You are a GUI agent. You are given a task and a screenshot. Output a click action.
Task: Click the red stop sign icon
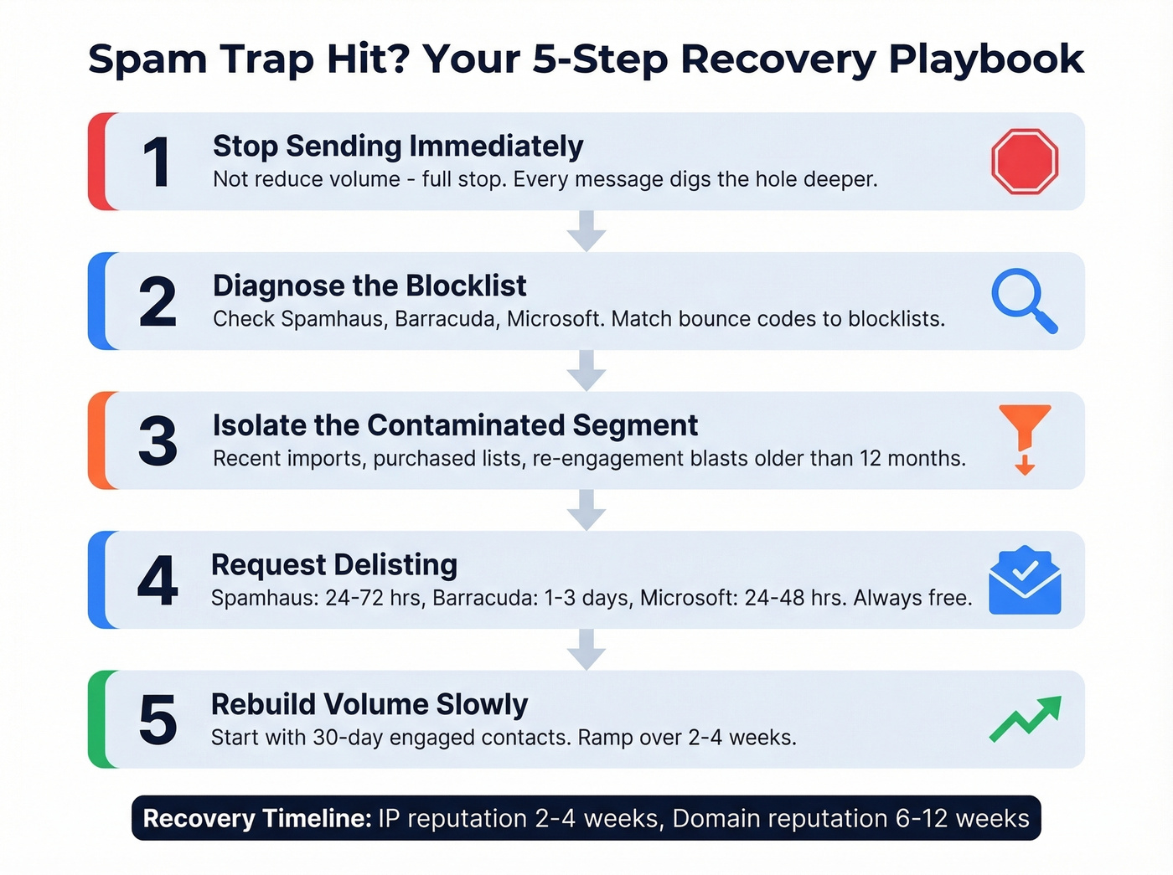pyautogui.click(x=1025, y=162)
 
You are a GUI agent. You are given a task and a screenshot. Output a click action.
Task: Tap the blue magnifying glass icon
pyautogui.click(x=1023, y=301)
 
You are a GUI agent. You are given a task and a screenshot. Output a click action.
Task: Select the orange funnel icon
pyautogui.click(x=1024, y=437)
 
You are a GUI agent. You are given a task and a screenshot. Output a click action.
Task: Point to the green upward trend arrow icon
pyautogui.click(x=1026, y=719)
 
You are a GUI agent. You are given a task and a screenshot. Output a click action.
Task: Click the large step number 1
pyautogui.click(x=157, y=162)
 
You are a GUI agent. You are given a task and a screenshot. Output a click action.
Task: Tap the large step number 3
pyautogui.click(x=158, y=441)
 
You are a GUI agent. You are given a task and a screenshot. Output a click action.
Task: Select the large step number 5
pyautogui.click(x=158, y=720)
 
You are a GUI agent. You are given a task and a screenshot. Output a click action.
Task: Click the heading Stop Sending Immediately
pyautogui.click(x=398, y=147)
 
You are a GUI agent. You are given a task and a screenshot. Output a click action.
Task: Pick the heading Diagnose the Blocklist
pyautogui.click(x=369, y=286)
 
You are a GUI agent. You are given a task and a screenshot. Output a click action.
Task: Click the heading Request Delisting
pyautogui.click(x=334, y=565)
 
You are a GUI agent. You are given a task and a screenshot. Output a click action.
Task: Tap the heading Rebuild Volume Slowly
pyautogui.click(x=369, y=705)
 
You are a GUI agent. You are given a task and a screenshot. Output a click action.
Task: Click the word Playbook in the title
pyautogui.click(x=986, y=59)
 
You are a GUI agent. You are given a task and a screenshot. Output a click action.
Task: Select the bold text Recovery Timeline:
pyautogui.click(x=257, y=818)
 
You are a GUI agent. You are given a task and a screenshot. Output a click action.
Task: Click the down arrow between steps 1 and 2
pyautogui.click(x=586, y=230)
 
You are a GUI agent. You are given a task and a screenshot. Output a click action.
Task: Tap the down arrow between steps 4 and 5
pyautogui.click(x=586, y=649)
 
